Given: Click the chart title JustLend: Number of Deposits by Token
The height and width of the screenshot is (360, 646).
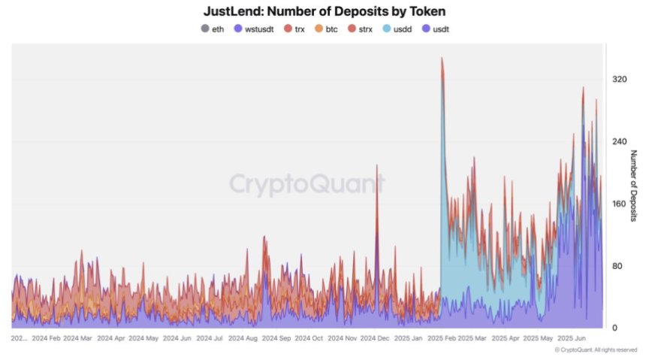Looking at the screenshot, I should point(323,12).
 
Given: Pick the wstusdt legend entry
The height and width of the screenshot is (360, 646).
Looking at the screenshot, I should point(255,29).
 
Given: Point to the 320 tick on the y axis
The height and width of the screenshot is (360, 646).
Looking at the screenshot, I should point(619,79).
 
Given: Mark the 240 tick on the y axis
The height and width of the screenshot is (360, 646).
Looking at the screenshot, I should point(619,141).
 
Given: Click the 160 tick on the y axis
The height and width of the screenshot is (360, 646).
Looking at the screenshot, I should point(619,204).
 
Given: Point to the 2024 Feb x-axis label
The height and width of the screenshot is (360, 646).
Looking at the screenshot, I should point(44,339).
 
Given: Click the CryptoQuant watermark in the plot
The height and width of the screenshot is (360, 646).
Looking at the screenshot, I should point(306,184).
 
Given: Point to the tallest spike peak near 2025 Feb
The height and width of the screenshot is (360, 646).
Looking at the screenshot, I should point(442,58).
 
